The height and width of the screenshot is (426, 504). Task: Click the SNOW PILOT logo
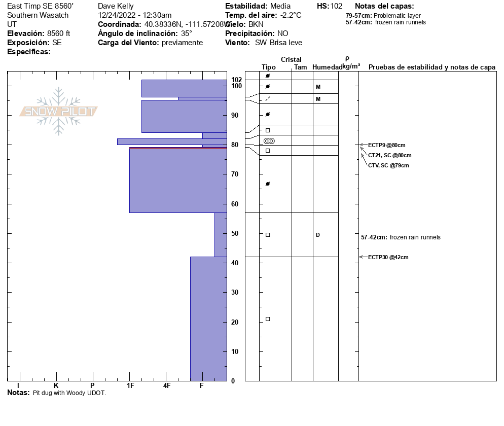click(x=59, y=111)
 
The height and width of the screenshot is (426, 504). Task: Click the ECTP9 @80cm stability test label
click(x=386, y=145)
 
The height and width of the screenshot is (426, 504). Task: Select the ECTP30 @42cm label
click(x=388, y=258)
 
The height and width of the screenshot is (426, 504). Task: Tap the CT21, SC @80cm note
click(x=389, y=155)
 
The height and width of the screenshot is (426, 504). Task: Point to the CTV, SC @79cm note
click(x=388, y=165)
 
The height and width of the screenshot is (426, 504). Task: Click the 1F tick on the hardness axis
click(x=130, y=386)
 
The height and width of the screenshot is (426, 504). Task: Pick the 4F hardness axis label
click(x=167, y=386)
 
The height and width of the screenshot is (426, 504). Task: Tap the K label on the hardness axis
click(x=56, y=386)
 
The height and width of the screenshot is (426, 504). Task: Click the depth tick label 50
click(x=235, y=234)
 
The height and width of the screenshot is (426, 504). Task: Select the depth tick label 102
click(x=237, y=80)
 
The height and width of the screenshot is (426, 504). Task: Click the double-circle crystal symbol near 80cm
click(x=269, y=140)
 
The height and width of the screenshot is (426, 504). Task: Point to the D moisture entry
click(x=318, y=235)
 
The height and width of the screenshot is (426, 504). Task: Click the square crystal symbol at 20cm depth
click(x=268, y=319)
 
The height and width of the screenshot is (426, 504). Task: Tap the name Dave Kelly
click(x=116, y=6)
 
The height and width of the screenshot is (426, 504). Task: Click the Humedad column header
click(x=327, y=67)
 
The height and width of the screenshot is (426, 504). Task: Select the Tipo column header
click(x=269, y=67)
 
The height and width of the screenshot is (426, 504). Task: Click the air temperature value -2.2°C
click(x=291, y=15)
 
